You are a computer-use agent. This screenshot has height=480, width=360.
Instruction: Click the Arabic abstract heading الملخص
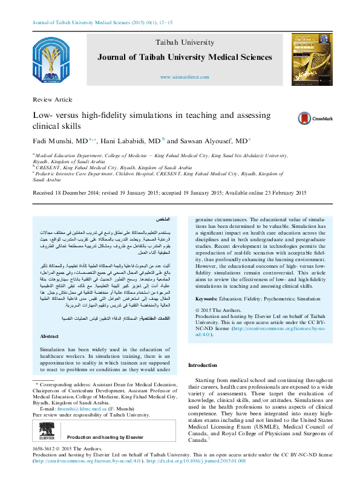click(x=162, y=218)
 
